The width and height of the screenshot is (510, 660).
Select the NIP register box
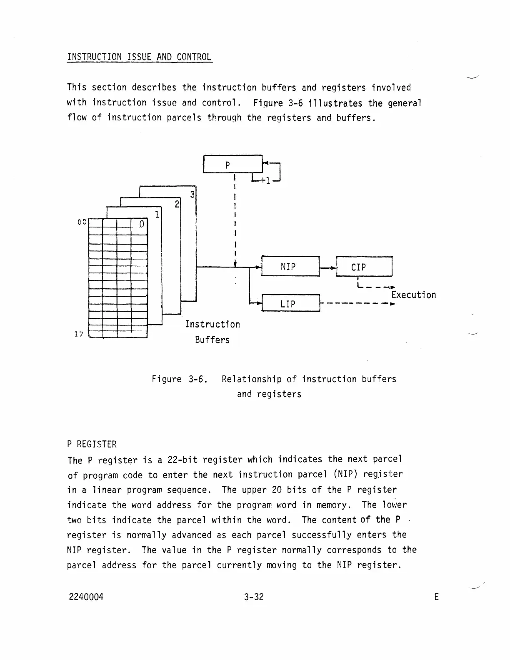pyautogui.click(x=290, y=266)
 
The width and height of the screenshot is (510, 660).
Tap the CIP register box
pyautogui.click(x=364, y=267)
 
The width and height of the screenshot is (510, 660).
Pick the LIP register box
pyautogui.click(x=290, y=303)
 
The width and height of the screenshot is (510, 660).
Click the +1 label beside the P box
pyautogui.click(x=265, y=181)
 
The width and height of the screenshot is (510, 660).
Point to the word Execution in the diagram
pyautogui.click(x=413, y=295)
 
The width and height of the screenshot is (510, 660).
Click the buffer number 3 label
pyautogui.click(x=192, y=195)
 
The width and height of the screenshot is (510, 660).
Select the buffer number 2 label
pyautogui.click(x=177, y=204)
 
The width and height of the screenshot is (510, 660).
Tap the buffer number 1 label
pyautogui.click(x=157, y=215)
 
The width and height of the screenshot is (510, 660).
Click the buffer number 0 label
pyautogui.click(x=141, y=224)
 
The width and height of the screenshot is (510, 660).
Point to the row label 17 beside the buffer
pyautogui.click(x=79, y=334)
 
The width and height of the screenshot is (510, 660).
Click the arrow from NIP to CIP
pyautogui.click(x=328, y=267)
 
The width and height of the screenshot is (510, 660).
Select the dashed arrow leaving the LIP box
pyautogui.click(x=357, y=303)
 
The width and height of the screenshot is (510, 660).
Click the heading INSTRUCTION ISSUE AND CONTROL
pyautogui.click(x=139, y=57)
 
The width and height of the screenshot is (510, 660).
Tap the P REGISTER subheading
pyautogui.click(x=92, y=444)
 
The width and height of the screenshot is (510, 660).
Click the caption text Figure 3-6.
pyautogui.click(x=180, y=379)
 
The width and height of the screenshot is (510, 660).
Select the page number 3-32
pyautogui.click(x=254, y=597)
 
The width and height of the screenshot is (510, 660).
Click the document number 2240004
pyautogui.click(x=86, y=597)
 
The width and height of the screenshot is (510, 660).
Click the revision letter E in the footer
pyautogui.click(x=436, y=597)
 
